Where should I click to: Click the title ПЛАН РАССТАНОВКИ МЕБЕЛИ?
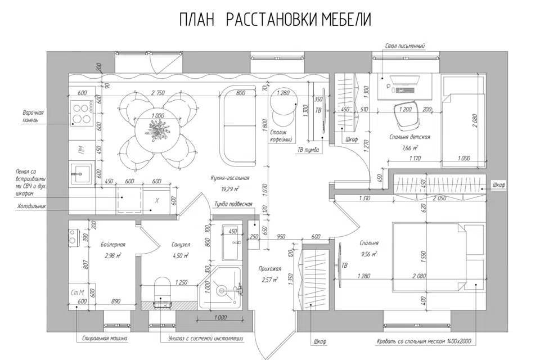tap(275, 20)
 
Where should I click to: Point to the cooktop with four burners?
tap(82, 112)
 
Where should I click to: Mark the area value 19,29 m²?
tap(229, 188)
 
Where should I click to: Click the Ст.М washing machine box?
tap(78, 292)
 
